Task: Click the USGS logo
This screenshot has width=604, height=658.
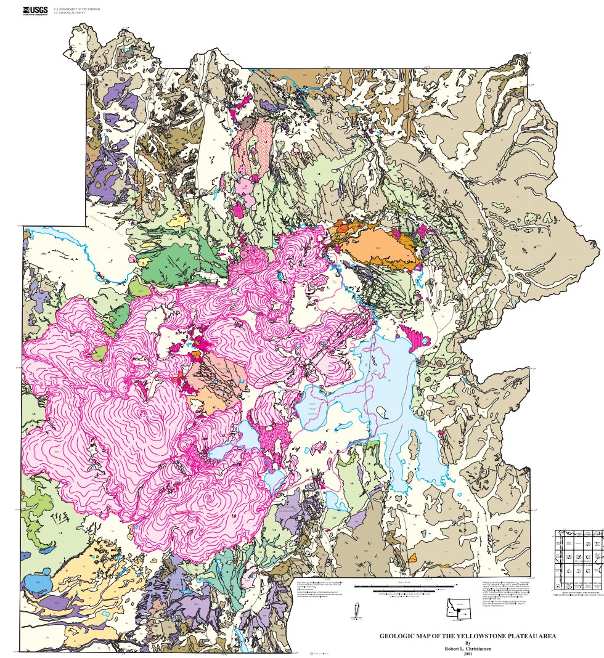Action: (x=35, y=10)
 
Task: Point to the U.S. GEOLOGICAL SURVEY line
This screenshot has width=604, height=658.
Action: (x=73, y=13)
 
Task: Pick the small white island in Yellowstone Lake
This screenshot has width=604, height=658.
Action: (x=412, y=441)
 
